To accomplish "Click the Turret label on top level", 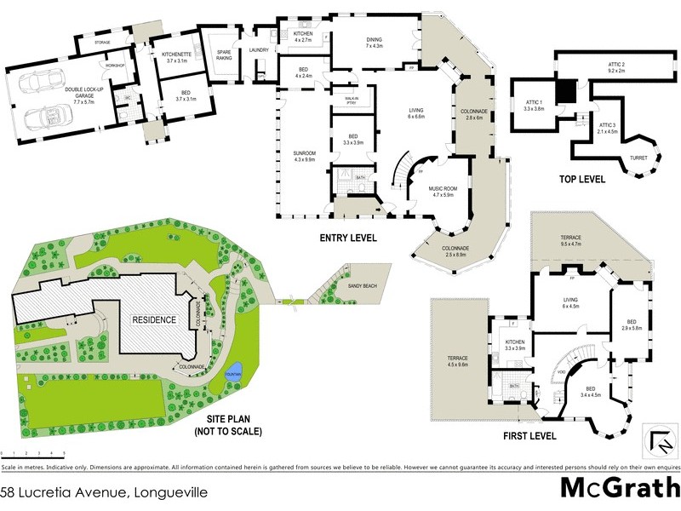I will tap(638, 158).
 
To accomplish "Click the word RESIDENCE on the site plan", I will tap(153, 320).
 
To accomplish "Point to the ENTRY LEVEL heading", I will tap(346, 238).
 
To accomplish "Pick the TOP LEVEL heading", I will tap(581, 180).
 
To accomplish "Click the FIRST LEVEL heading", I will tap(529, 435).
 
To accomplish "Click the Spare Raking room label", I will tap(224, 55).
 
